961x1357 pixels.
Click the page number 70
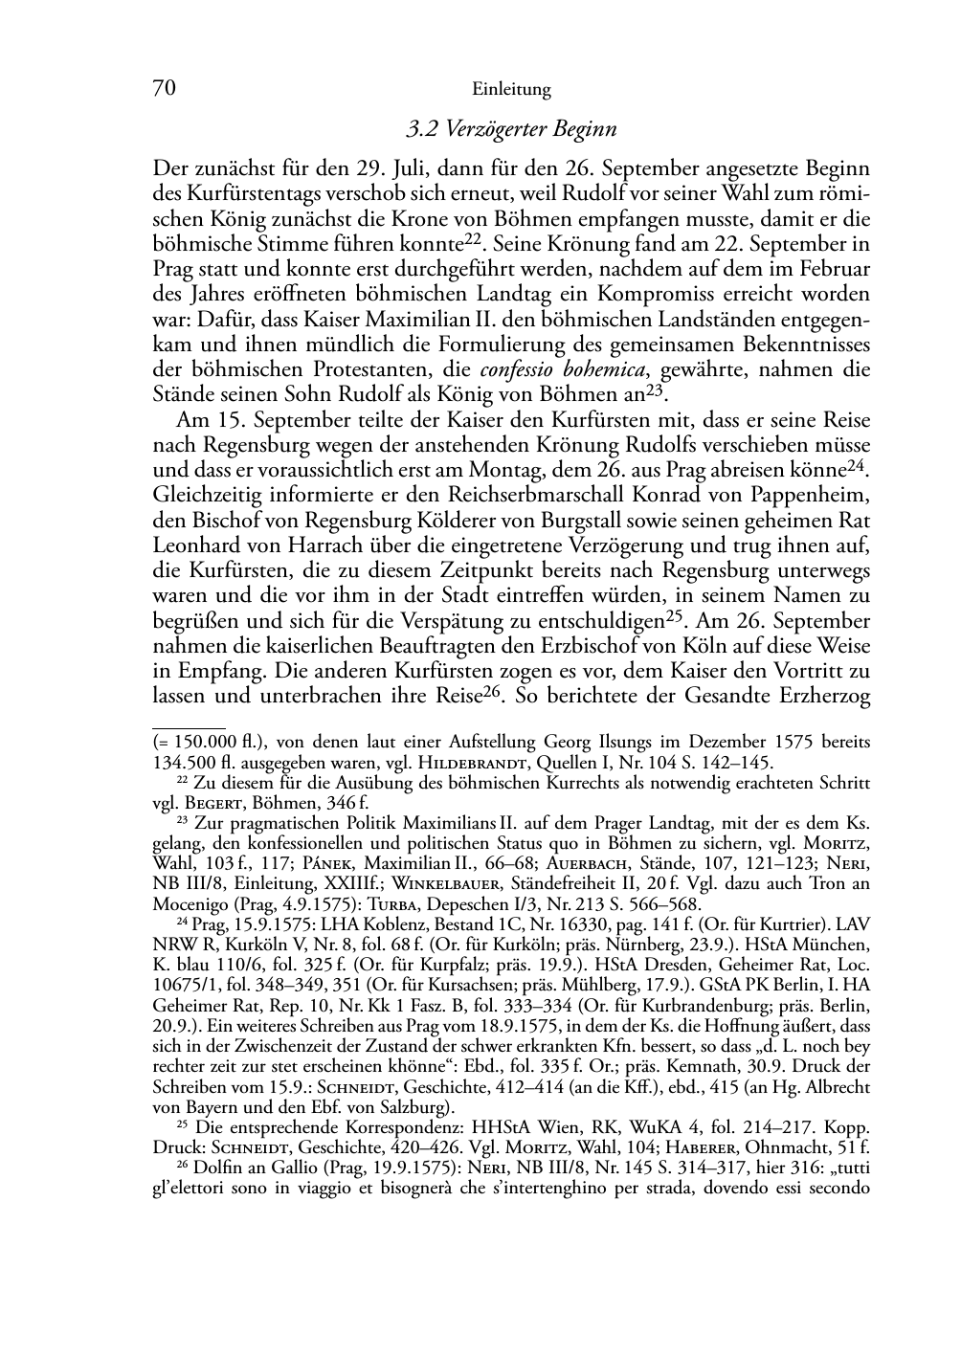(x=164, y=89)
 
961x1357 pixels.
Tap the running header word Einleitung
(x=511, y=90)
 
